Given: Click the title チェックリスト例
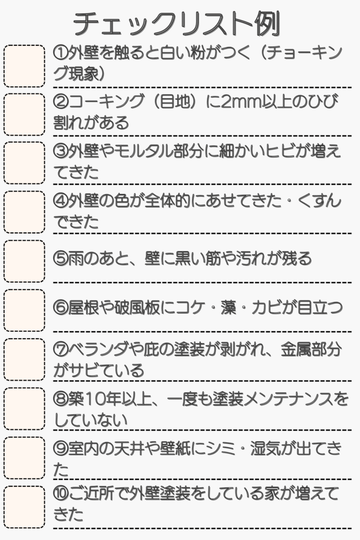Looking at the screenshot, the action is coord(177,24).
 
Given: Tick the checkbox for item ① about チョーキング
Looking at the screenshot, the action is coord(24,66).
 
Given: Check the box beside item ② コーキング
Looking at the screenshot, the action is coord(24,114).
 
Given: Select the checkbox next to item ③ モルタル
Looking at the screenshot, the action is coord(24,163).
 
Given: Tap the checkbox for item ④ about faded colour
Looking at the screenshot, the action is coord(24,212).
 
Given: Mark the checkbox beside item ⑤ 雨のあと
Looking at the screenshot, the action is coord(24,262).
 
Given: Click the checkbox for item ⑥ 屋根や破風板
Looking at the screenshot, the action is coord(24,310).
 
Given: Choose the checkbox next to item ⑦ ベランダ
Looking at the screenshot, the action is coord(24,360).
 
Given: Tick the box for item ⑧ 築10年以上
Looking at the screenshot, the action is coord(24,409).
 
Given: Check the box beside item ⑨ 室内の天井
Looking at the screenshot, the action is coord(24,458).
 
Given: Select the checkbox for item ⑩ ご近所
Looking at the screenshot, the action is coord(24,507).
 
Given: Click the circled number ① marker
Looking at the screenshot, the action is coord(61,53).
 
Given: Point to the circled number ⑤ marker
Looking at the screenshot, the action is coord(61,258).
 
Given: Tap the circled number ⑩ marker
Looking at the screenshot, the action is coord(61,494).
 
